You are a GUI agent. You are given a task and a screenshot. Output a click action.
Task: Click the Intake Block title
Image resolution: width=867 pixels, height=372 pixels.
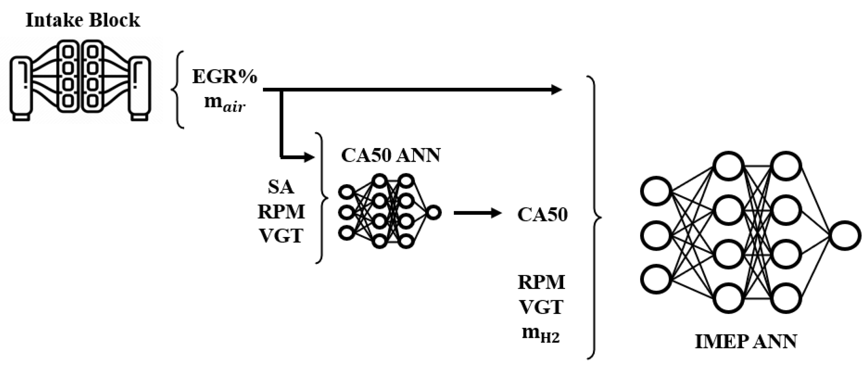coord(83,20)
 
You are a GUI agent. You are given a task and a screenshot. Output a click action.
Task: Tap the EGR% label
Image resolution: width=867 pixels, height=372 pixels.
coord(225,77)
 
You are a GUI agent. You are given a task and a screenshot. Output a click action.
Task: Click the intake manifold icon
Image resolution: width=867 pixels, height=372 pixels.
coord(80,80)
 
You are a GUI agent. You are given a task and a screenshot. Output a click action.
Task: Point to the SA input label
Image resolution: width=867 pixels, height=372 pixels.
coord(281,187)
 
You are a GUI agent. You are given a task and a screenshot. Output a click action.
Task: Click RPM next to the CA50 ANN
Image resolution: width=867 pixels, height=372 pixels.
coord(281,212)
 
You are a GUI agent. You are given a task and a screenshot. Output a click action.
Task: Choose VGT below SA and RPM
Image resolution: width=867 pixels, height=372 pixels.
coord(281,235)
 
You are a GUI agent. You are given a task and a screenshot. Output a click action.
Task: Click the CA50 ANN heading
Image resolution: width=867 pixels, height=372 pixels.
coord(391,155)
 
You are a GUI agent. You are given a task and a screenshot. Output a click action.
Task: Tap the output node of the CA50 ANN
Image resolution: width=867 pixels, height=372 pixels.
coord(434,212)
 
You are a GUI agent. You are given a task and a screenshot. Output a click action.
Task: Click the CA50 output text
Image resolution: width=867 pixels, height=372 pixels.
coord(542,214)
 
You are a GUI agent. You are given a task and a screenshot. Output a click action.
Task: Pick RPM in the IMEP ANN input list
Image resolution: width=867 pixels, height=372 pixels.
coord(541,282)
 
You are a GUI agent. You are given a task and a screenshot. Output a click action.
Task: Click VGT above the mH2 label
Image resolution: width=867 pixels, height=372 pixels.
coord(541,307)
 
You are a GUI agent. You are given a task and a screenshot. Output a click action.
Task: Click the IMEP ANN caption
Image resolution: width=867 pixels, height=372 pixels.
coord(746,341)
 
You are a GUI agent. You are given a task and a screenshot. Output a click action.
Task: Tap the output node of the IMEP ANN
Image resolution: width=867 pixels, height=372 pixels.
coord(845,235)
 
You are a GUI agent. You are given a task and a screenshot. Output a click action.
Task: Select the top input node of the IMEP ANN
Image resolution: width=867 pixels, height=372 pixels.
coord(655,191)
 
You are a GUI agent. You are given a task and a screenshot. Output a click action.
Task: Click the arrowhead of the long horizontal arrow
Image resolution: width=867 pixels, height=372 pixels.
coord(556,90)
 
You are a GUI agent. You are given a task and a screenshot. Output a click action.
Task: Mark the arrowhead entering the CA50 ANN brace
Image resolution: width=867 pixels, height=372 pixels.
coord(309,157)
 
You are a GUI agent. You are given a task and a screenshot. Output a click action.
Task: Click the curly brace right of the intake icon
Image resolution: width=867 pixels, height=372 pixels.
coord(178,90)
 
